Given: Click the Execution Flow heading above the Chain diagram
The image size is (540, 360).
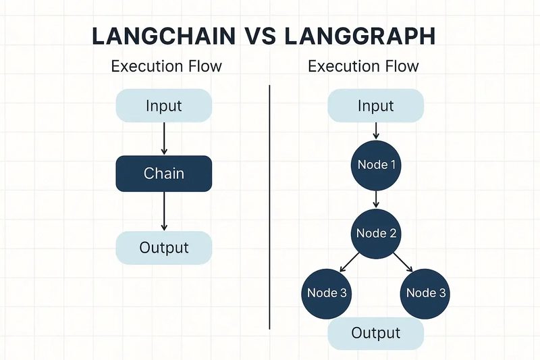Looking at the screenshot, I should point(166,66).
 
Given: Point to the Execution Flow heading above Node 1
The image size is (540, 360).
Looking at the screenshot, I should point(363,66).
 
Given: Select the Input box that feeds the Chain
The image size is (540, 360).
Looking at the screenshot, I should point(164,105).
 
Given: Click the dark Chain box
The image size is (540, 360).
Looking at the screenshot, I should point(164,174).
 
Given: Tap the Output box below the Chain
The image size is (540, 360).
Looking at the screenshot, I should point(164,247).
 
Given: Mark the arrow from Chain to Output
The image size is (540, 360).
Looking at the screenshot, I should point(164,211).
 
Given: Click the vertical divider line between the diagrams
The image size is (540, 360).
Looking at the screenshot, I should point(270,203).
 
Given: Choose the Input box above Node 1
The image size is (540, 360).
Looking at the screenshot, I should point(375,106).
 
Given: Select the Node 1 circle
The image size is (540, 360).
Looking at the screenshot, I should point(376,165).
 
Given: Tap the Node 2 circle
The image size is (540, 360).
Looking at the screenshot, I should point(376,233).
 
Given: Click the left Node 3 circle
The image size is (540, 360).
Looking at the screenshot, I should point(327,292).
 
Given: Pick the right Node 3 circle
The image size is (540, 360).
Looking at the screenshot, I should point(427,292).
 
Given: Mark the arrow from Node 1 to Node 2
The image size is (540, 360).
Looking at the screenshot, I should point(376,199).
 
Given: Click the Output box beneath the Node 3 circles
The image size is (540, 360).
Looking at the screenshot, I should point(375,333).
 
